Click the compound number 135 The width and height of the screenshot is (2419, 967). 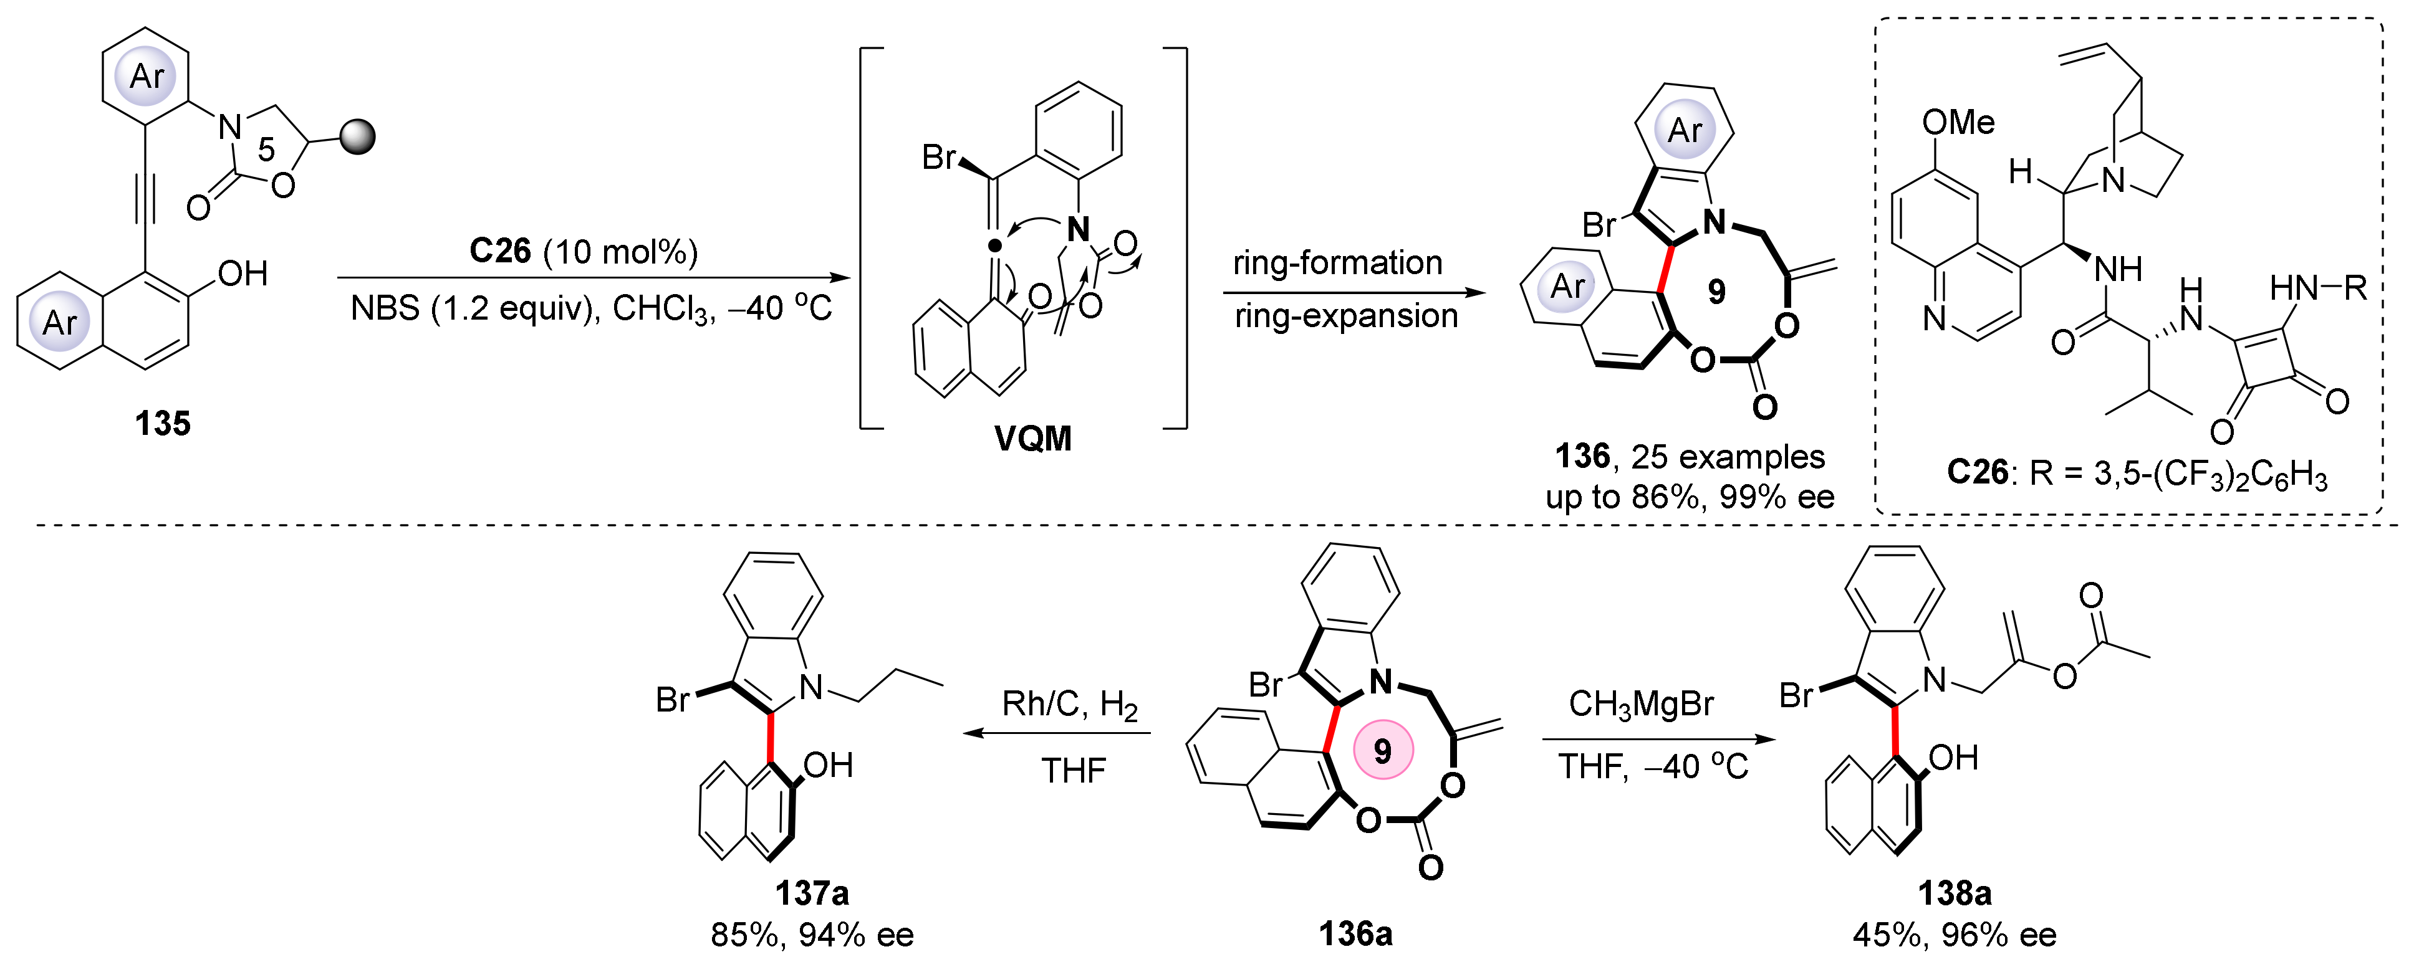click(163, 424)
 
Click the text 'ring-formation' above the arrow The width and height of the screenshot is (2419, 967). click(1337, 263)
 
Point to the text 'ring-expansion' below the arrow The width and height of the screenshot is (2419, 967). click(1345, 317)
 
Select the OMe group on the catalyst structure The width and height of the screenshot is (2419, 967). click(1958, 122)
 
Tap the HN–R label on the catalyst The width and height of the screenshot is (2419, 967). click(2317, 287)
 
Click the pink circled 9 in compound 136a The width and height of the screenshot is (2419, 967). click(1382, 750)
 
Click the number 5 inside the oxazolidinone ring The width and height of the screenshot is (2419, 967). click(267, 148)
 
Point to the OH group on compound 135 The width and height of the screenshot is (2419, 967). click(243, 274)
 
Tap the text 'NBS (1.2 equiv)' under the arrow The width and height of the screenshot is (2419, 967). click(474, 308)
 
